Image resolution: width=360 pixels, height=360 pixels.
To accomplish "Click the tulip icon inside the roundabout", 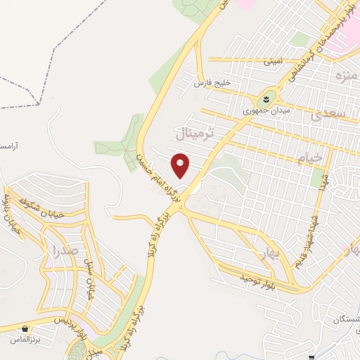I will (x=267, y=98).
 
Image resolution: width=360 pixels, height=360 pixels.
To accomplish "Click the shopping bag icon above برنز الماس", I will (x=25, y=328).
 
